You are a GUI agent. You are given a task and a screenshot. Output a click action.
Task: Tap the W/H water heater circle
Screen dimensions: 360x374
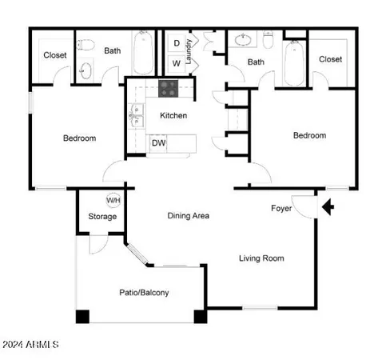(114, 200)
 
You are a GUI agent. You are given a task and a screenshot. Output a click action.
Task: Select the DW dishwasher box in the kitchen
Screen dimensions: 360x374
(158, 143)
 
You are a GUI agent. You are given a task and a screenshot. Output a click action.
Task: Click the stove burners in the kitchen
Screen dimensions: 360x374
(169, 88)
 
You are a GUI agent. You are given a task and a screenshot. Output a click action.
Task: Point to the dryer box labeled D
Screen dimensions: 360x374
(176, 43)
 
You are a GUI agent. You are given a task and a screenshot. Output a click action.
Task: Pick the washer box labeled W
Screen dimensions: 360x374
(176, 62)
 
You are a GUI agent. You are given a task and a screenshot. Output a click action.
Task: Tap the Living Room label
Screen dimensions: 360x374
(261, 258)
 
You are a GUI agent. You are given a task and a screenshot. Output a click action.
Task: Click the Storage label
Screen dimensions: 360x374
(102, 216)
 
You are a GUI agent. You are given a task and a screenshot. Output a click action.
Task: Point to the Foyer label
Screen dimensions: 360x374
(281, 208)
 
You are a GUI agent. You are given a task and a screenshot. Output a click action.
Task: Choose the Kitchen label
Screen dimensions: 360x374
(173, 115)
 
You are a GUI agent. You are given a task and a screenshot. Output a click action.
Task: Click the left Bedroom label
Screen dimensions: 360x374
(79, 138)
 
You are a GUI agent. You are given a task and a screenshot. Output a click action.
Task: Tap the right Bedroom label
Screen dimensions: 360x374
(309, 135)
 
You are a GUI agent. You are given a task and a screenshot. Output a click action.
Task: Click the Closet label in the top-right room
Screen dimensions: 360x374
(330, 59)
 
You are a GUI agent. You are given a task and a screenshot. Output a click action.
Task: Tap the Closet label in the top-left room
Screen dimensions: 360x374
(55, 55)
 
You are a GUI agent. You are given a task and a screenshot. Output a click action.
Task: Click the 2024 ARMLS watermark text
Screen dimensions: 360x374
(30, 345)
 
